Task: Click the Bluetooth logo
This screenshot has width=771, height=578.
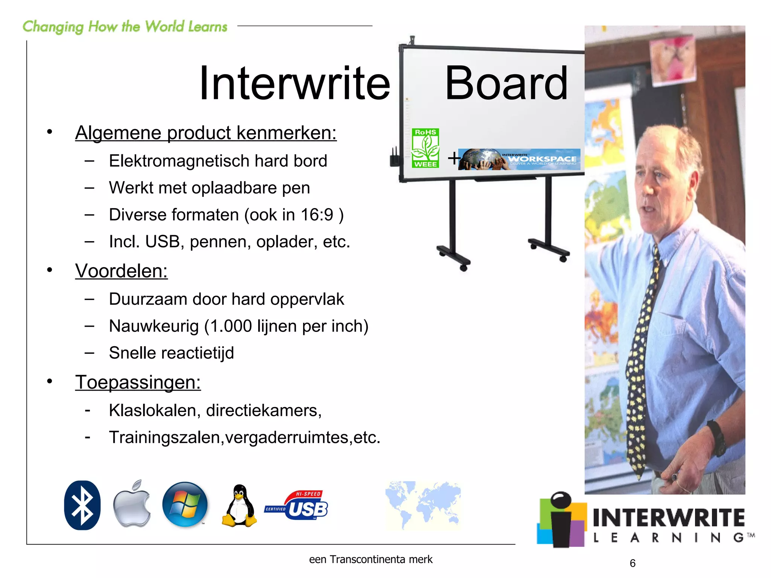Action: point(82,505)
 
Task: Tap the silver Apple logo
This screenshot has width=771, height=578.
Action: point(132,504)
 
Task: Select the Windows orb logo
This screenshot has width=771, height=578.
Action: point(185,504)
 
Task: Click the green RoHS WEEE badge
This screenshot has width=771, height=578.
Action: point(425,148)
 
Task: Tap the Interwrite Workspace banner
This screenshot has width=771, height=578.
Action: point(519,159)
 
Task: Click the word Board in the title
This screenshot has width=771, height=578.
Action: point(506,83)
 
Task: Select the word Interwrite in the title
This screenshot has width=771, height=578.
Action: point(294,83)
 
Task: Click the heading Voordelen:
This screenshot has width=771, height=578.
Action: point(121,271)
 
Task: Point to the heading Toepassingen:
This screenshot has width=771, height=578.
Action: point(138,382)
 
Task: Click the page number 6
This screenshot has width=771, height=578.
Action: point(632,563)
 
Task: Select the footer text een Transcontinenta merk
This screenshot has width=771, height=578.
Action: point(370,560)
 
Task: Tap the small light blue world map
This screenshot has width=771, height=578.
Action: point(423,505)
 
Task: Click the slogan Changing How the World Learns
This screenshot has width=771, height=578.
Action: point(125,27)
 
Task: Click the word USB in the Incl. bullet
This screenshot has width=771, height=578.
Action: point(162,242)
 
